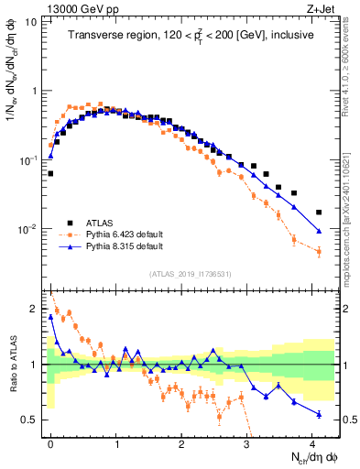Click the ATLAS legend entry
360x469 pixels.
99,222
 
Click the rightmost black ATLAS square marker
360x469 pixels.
319,213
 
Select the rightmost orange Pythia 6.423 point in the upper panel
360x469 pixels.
319,252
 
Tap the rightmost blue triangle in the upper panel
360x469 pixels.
319,231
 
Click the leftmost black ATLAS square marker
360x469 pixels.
50,172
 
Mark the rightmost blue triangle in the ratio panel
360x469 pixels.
319,414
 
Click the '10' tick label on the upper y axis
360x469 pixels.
30,22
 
